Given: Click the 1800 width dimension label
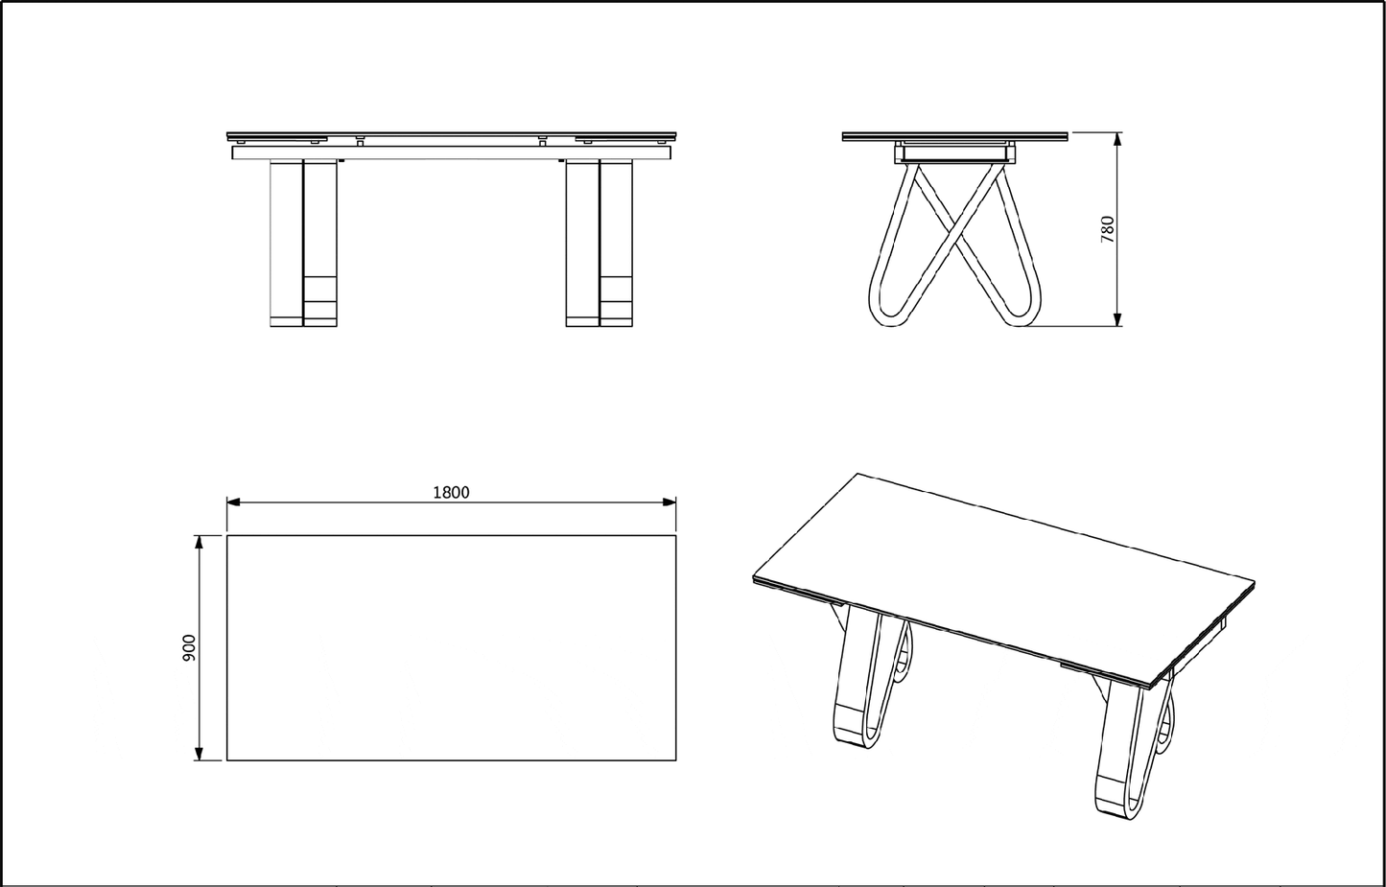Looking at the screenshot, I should tap(451, 492).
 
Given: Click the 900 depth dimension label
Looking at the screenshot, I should tap(190, 647).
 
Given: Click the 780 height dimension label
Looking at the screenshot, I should tap(1108, 229).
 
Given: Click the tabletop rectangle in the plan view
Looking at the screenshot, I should tap(451, 648).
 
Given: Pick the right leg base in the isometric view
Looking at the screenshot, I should tap(1117, 800).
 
